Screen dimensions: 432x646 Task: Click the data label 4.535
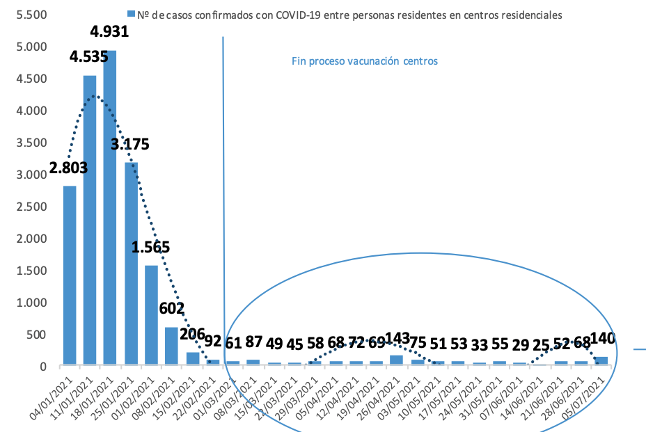(89, 56)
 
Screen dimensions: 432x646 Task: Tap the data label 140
(604, 340)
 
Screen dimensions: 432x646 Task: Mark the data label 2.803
(68, 168)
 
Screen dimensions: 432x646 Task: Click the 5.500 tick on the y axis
(31, 15)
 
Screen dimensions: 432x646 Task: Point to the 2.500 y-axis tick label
(31, 207)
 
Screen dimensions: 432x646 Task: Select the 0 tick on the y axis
(43, 367)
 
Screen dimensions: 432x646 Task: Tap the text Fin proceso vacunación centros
(364, 61)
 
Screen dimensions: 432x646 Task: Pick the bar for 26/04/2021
(396, 359)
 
